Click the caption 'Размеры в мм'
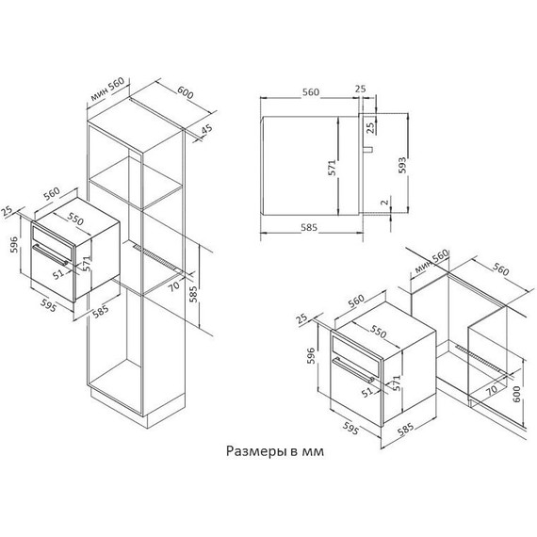tap(274, 451)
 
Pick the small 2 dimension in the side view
tap(383, 202)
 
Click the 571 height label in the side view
tap(331, 168)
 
